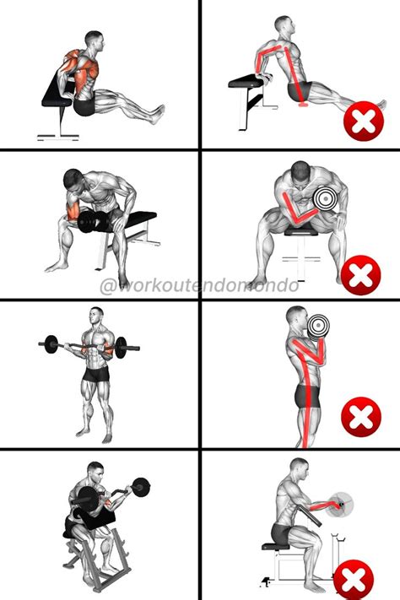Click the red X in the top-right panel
click(x=363, y=124)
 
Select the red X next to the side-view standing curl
click(x=360, y=419)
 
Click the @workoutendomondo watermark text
click(x=199, y=286)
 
